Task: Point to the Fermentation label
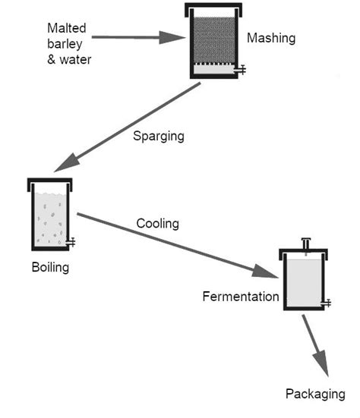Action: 241,297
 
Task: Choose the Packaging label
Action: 315,394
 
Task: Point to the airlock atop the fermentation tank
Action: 305,244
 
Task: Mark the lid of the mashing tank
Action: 214,9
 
